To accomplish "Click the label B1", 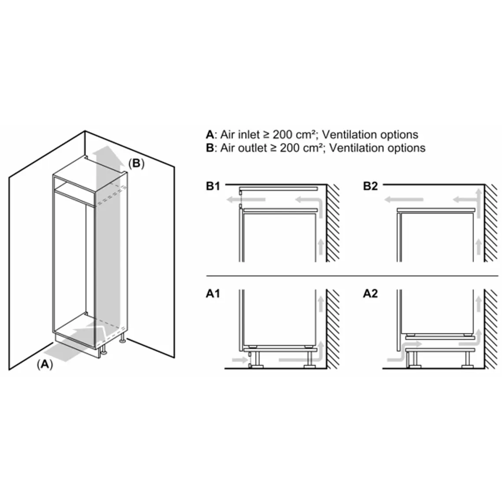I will [x=213, y=186].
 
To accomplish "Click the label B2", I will [x=370, y=186].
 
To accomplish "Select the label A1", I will [x=213, y=294].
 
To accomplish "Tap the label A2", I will [x=370, y=294].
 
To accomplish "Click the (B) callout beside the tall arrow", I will [x=136, y=163].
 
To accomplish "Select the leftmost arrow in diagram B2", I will [x=403, y=200].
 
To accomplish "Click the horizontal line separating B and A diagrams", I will [x=352, y=276].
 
